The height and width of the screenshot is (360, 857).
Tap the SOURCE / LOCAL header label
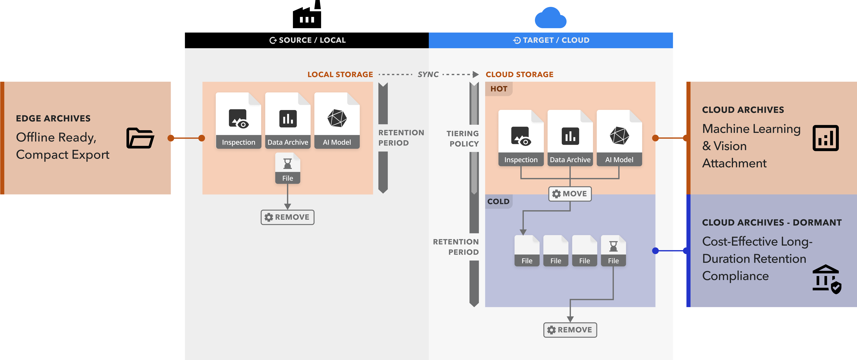pyautogui.click(x=308, y=40)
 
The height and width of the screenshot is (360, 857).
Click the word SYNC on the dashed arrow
pyautogui.click(x=428, y=75)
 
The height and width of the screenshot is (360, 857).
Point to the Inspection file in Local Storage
pyautogui.click(x=239, y=121)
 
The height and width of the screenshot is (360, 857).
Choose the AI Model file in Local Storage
pyautogui.click(x=337, y=121)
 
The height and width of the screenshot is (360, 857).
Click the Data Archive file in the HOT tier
pyautogui.click(x=570, y=138)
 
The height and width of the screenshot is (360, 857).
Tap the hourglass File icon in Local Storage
pyautogui.click(x=288, y=168)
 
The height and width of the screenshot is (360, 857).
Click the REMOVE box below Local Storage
pyautogui.click(x=287, y=217)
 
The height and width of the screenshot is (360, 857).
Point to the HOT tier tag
pyautogui.click(x=499, y=89)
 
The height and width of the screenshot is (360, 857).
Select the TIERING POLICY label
pyautogui.click(x=463, y=138)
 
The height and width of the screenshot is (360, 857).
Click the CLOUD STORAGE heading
pyautogui.click(x=519, y=75)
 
